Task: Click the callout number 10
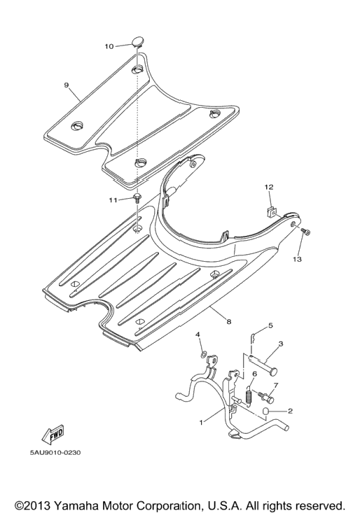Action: click(x=109, y=46)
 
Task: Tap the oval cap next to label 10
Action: click(x=138, y=41)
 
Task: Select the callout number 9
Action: click(x=67, y=85)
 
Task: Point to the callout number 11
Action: click(x=113, y=200)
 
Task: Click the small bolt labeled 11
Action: click(x=137, y=198)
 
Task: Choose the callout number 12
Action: click(x=269, y=187)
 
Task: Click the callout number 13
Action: click(x=297, y=259)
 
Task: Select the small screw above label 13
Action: click(x=305, y=232)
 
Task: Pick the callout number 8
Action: click(x=229, y=322)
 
